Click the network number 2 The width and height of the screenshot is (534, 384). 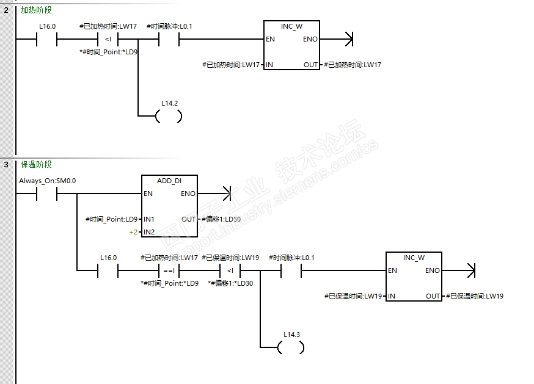pos(5,10)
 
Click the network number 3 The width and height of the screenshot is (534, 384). pos(5,165)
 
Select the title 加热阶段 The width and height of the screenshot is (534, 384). pos(36,10)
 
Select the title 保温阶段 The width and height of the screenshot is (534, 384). pos(36,165)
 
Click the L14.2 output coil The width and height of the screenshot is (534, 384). pos(169,116)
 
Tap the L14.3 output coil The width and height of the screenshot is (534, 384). pos(291,348)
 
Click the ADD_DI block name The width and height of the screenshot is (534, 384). pos(169,181)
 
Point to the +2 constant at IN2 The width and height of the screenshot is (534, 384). pos(133,232)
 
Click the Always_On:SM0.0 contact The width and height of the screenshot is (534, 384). pos(46,194)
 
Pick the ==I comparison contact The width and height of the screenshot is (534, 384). pos(169,270)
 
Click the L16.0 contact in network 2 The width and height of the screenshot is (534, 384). pos(46,40)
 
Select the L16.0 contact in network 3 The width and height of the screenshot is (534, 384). pos(108,270)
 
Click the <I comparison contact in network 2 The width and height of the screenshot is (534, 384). pos(108,40)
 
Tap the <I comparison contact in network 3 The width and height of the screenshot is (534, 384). pos(230,270)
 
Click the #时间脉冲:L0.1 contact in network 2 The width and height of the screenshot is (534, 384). pos(169,40)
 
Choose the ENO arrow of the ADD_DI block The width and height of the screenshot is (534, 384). pos(227,194)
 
